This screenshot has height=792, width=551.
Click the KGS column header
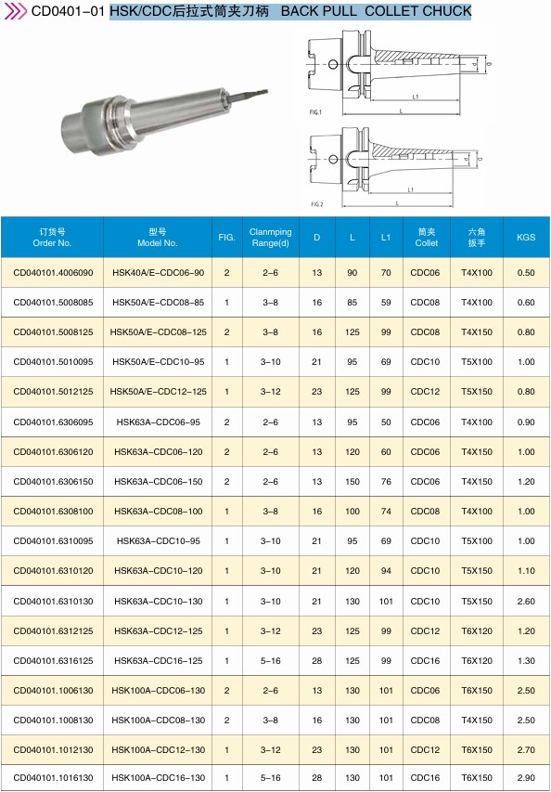(x=526, y=237)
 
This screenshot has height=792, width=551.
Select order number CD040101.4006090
(x=54, y=273)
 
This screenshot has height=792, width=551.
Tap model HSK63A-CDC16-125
(x=158, y=661)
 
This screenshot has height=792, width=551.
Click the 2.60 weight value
(x=526, y=601)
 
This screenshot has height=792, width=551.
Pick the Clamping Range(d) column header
(x=271, y=237)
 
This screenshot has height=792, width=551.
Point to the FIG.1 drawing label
(x=315, y=112)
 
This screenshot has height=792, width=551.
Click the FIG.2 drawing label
(x=316, y=204)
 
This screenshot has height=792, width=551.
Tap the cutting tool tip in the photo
(x=266, y=91)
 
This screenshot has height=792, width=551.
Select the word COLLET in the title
(x=392, y=10)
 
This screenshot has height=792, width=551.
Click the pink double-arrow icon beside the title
(x=15, y=10)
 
